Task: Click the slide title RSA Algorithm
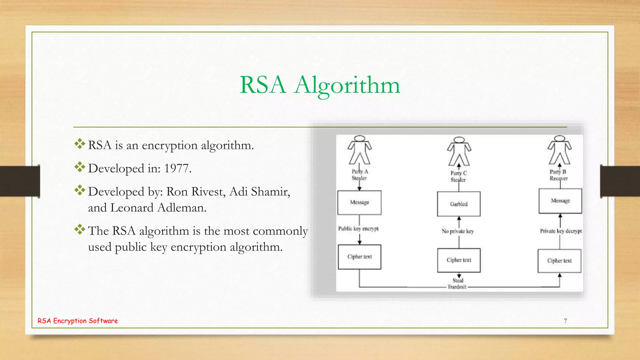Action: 320,85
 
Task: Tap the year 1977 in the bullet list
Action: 177,168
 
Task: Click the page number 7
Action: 565,321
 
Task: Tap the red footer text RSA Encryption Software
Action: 77,321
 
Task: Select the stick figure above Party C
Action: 459,152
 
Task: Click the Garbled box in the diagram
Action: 459,204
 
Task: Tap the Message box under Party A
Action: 359,202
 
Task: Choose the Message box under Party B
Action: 560,201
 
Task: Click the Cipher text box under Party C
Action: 459,260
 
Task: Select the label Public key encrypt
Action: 358,229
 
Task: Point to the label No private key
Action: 457,231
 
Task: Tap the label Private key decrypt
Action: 561,231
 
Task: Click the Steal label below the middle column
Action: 458,281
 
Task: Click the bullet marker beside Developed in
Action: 80,167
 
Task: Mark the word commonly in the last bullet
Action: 280,231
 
